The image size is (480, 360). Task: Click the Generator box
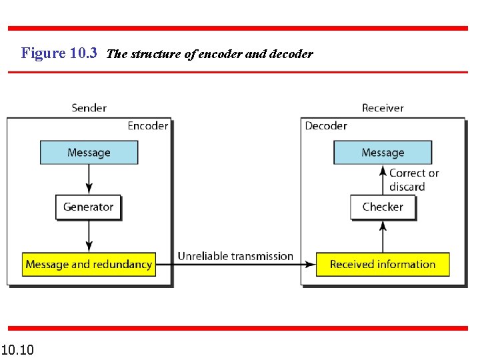[x=89, y=207]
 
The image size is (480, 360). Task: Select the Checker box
[x=383, y=207]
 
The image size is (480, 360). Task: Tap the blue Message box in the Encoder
[x=89, y=153]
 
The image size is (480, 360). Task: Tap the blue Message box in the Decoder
[x=383, y=153]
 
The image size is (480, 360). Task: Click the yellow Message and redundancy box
[x=89, y=265]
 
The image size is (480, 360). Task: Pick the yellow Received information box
[x=383, y=265]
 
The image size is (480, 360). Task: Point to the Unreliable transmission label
[x=235, y=256]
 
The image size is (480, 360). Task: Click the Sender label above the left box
[x=89, y=107]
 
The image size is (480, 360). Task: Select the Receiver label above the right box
[x=383, y=107]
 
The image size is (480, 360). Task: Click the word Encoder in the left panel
[x=147, y=126]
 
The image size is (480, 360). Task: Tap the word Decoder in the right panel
[x=326, y=126]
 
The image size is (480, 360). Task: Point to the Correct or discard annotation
[x=413, y=180]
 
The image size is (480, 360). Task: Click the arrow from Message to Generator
[x=89, y=179]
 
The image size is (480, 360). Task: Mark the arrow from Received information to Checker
[x=383, y=237]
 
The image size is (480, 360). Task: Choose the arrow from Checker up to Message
[x=383, y=180]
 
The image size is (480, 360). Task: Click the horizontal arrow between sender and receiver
[x=235, y=265]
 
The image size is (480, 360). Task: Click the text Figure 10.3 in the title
[x=59, y=53]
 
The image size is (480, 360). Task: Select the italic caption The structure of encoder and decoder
[x=209, y=54]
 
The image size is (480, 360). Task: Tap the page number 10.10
[x=18, y=349]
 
